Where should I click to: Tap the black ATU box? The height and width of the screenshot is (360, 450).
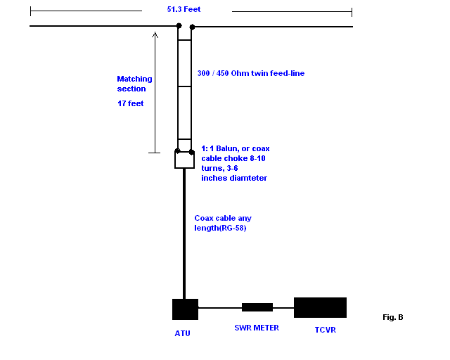[x=185, y=309]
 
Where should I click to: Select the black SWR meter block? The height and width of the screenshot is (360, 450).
[x=257, y=307]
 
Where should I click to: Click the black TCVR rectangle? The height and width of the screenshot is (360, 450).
[x=320, y=307]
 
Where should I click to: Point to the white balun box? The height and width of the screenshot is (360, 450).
[x=184, y=160]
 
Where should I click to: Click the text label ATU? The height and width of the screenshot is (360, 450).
[x=182, y=333]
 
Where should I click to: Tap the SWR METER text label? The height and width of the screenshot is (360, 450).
[x=256, y=328]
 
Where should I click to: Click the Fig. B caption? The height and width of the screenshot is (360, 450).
[x=393, y=317]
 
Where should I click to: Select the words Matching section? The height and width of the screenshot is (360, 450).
[x=134, y=84]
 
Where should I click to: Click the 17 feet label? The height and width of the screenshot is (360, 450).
[x=131, y=103]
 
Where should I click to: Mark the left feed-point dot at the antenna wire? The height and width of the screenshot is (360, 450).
[x=178, y=27]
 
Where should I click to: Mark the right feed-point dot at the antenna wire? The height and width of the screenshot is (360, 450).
[x=191, y=27]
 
